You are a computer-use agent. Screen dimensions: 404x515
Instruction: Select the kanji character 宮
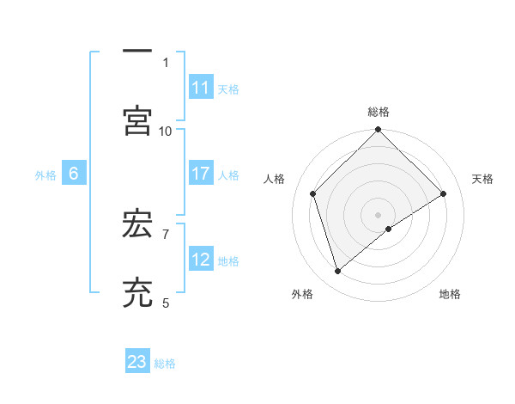tap(137, 121)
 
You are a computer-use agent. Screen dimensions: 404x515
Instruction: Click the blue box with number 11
tap(201, 88)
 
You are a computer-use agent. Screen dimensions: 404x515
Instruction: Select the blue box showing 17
tap(201, 174)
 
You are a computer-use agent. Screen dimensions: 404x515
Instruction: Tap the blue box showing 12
tap(201, 259)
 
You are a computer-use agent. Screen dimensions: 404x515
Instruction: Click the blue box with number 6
tap(74, 174)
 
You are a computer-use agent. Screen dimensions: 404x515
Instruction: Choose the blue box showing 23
tap(137, 362)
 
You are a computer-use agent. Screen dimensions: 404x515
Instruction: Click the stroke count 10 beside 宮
tap(166, 131)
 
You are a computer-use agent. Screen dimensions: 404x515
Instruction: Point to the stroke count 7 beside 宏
tap(166, 233)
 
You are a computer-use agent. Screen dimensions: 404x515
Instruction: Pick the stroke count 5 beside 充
tap(166, 302)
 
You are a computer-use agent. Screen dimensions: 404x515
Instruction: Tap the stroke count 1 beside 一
tap(166, 63)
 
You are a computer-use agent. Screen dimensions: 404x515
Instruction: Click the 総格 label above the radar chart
tap(379, 112)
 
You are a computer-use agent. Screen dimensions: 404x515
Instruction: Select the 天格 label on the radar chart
tap(482, 179)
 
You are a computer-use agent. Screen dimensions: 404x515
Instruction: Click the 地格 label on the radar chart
tap(450, 294)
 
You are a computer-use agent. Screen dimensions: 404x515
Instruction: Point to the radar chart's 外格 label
tap(302, 294)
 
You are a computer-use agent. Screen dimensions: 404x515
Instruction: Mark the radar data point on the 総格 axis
tap(378, 132)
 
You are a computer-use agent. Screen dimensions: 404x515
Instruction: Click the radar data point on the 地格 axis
tap(389, 229)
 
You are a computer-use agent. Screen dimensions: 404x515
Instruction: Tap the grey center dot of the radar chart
tap(378, 214)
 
